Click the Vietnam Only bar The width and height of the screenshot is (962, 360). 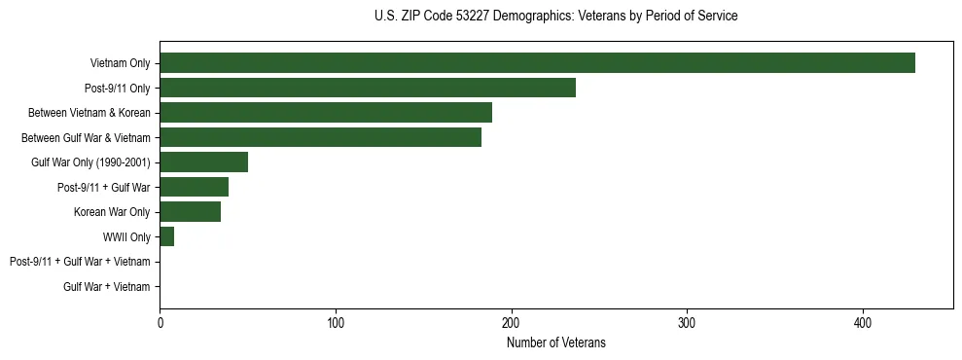537,63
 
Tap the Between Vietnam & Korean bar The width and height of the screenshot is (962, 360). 326,113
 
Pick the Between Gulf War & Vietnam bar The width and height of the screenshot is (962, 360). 320,137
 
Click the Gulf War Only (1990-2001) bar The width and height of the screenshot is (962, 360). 203,162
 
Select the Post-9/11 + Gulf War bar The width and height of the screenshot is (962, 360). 194,187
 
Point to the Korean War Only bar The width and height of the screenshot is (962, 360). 190,212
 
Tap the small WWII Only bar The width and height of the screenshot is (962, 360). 166,236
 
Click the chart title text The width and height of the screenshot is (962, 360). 555,17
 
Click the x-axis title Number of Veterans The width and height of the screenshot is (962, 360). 555,342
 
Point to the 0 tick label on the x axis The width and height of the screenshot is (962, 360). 160,323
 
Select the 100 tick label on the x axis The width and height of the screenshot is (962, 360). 336,323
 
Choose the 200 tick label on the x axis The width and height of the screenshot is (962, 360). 511,323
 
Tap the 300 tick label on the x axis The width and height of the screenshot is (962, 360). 687,323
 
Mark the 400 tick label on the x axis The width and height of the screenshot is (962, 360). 863,323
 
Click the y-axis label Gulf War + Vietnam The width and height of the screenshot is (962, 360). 107,287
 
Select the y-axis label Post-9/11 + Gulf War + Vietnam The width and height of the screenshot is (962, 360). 80,262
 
